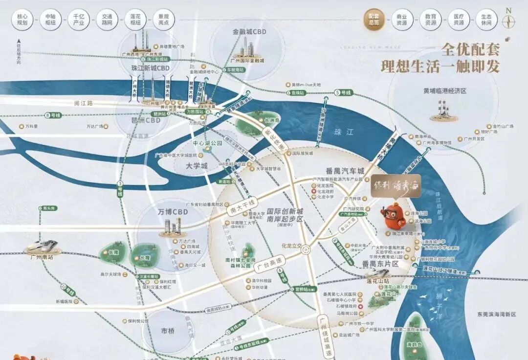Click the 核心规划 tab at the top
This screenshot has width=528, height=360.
point(22,20)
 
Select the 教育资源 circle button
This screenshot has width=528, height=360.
point(430,20)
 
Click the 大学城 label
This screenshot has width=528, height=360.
point(197,166)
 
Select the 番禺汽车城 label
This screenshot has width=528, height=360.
point(345,171)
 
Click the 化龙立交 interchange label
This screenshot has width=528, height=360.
point(293,246)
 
